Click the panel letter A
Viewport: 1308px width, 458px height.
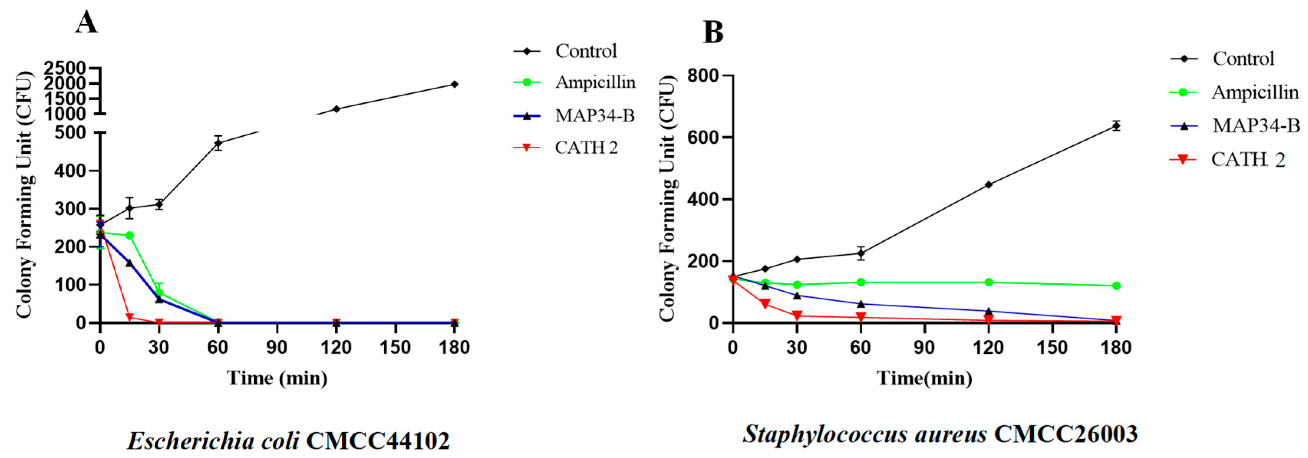point(86,23)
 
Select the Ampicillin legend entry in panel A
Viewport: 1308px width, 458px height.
point(595,82)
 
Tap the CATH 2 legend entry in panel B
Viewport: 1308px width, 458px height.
point(1247,160)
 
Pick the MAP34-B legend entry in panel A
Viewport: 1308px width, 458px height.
point(594,116)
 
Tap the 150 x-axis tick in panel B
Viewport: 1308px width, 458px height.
point(1052,348)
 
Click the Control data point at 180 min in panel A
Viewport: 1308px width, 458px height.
point(455,84)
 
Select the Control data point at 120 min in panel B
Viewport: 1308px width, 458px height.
point(988,185)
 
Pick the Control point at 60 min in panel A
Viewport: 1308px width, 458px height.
point(218,143)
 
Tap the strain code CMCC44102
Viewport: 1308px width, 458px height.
point(378,441)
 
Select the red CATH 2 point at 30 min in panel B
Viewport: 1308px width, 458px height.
point(797,316)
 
